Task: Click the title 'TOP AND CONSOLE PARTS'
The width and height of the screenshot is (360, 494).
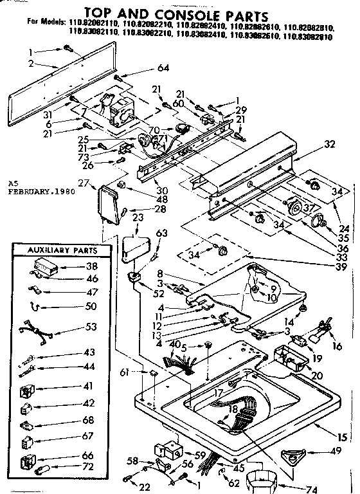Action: (177, 11)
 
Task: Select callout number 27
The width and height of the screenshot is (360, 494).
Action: (83, 183)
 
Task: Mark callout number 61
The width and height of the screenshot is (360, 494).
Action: (125, 372)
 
